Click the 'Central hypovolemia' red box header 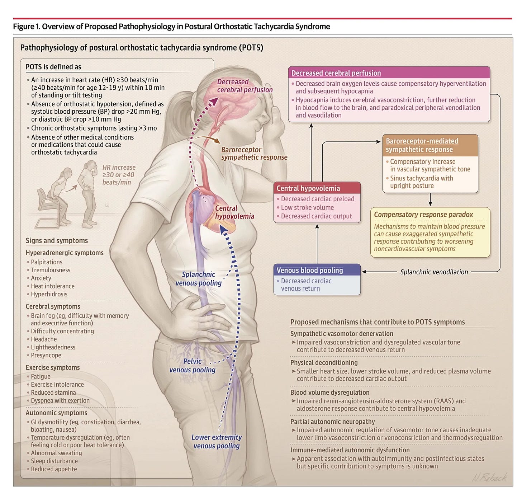[317, 188]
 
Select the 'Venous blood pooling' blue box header [317, 270]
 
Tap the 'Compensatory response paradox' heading [423, 215]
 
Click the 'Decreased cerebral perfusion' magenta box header [389, 72]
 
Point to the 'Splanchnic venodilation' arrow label [434, 272]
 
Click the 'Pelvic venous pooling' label [192, 365]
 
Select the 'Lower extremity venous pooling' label [216, 441]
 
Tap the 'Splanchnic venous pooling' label [199, 278]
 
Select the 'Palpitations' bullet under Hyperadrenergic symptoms [47, 262]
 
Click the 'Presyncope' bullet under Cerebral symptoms [46, 355]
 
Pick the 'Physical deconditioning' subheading [324, 362]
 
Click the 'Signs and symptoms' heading [57, 240]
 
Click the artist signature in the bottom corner [489, 478]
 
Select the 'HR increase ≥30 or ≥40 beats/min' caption [119, 175]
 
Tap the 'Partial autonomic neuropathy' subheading [332, 422]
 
